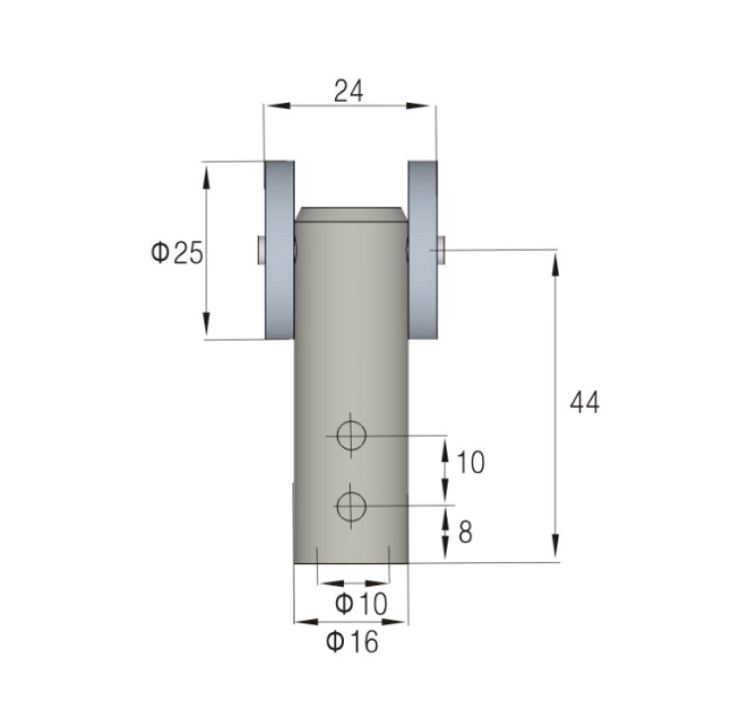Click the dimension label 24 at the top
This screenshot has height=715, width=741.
coord(349,91)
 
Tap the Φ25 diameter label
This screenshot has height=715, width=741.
coord(177,253)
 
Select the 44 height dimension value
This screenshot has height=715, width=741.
coord(585,402)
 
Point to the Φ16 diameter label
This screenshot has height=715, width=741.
coord(353,642)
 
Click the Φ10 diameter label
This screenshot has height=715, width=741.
coord(361,604)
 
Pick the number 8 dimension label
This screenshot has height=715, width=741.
coord(465,532)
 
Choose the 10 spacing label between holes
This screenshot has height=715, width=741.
coord(470,462)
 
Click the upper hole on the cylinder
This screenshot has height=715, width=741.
coord(351,436)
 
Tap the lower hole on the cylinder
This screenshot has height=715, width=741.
coord(351,507)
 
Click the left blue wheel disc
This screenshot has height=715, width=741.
coord(280,250)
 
